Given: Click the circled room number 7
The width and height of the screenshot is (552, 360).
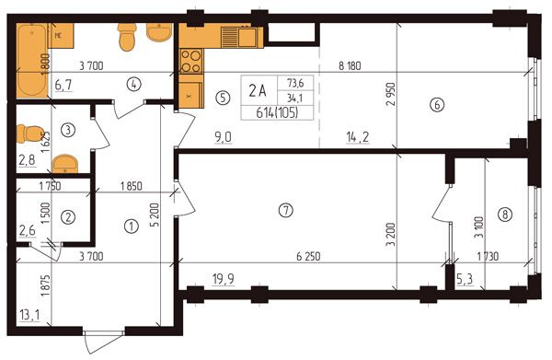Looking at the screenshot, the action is point(285,211).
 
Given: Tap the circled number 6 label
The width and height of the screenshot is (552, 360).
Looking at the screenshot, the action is point(437,105).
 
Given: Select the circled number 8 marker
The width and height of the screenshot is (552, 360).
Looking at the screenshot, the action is point(505,215).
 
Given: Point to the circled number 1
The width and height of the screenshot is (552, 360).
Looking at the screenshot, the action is point(132,226).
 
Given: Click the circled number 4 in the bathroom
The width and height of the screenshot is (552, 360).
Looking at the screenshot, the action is point(134,84).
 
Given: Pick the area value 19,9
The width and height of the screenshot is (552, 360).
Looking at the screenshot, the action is point(224,279).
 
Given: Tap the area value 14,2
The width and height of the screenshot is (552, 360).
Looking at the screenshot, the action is point(358,137).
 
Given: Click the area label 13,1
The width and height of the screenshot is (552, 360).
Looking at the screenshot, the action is point(29,315).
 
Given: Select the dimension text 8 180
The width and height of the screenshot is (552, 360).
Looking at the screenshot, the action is point(350,66).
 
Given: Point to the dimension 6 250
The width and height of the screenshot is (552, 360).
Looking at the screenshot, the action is point(308,257).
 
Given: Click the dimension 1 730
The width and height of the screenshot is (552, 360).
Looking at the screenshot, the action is point(488,257).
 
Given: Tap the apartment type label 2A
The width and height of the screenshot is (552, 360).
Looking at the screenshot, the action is point(258,91).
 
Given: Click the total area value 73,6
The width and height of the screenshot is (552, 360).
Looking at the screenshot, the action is point(295,83).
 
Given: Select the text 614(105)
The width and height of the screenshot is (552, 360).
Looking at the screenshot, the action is point(277,113).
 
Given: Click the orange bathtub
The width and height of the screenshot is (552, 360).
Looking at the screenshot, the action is point(32,60).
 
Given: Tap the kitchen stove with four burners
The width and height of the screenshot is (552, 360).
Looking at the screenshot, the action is point(191,61).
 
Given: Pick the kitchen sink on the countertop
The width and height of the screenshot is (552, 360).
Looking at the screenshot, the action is point(243,37).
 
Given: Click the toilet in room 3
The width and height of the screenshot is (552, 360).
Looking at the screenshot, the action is point(30,134).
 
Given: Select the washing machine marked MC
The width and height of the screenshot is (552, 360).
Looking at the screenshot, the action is point(61,36).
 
